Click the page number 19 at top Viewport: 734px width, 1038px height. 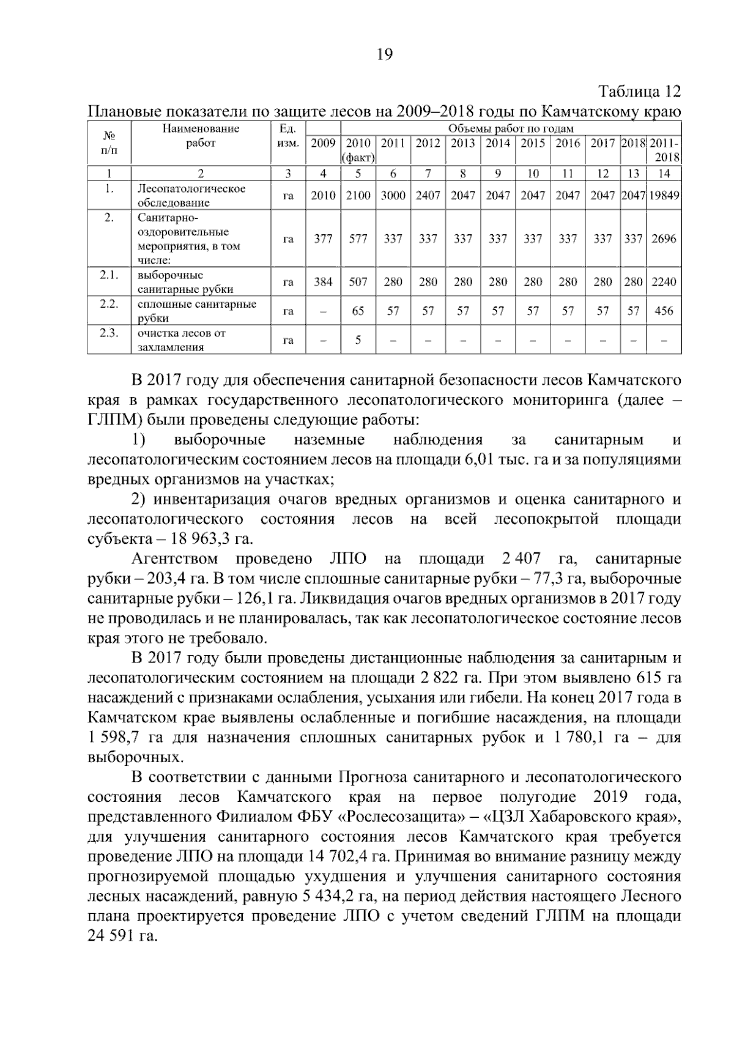(384, 55)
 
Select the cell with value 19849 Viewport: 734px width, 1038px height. (664, 195)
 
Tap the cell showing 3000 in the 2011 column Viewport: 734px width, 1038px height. (393, 195)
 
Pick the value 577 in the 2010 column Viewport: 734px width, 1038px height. (358, 239)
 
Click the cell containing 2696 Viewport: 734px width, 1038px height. (664, 239)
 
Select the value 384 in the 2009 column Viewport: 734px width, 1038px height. (323, 281)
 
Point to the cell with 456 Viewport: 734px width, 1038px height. (664, 311)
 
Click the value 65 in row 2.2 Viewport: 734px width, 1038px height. (358, 311)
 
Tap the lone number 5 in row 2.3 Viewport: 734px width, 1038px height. (358, 339)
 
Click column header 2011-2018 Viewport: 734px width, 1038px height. (664, 150)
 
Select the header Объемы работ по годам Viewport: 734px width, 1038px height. (511, 128)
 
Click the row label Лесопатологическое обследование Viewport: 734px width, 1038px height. (191, 195)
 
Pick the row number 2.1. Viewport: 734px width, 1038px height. (109, 275)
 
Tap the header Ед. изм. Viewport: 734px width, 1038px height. (287, 136)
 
